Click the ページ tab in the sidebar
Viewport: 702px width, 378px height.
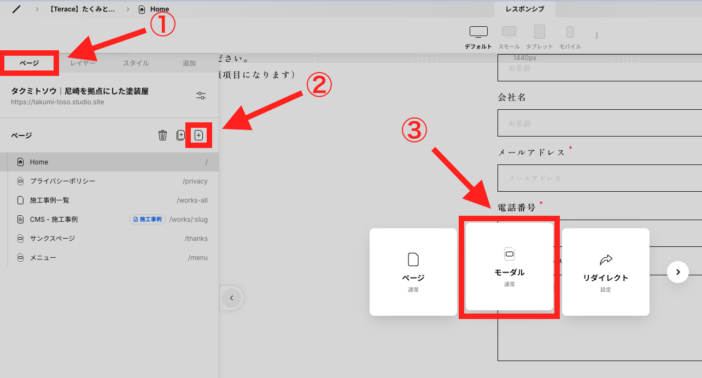tap(30, 63)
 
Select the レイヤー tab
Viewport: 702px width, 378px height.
tap(83, 63)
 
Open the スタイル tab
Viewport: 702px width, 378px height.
tap(136, 63)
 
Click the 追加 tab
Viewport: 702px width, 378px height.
tap(189, 63)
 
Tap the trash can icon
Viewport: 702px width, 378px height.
tap(162, 135)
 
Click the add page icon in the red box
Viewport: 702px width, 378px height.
tap(199, 135)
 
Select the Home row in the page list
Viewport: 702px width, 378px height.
tap(109, 162)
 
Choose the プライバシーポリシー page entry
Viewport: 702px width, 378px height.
tap(62, 181)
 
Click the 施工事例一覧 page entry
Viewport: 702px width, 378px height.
tap(49, 200)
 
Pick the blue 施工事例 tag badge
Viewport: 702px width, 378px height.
tap(148, 220)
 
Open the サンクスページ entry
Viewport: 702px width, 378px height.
tap(52, 239)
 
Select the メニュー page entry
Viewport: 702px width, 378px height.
tap(43, 258)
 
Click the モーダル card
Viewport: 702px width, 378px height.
tap(510, 267)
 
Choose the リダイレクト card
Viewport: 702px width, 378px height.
tap(606, 272)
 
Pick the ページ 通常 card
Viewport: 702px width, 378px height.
tap(413, 272)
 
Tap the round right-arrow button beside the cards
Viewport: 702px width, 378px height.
tap(678, 271)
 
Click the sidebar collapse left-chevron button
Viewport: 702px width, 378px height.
tap(232, 298)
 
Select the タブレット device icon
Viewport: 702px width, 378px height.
tap(540, 33)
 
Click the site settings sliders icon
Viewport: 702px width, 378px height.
tap(201, 96)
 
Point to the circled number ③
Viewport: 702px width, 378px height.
tap(414, 131)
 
